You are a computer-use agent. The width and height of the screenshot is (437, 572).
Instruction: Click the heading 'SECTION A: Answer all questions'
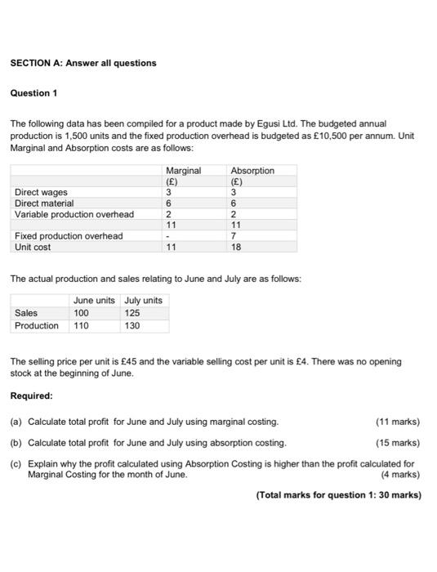[x=82, y=63]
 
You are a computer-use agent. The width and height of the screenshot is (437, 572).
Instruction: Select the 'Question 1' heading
[x=34, y=93]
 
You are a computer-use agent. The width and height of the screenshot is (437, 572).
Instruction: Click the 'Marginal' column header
[x=183, y=171]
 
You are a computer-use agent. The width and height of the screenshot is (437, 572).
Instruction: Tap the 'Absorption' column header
[x=252, y=171]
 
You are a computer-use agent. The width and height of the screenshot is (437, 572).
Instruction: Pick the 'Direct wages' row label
[x=41, y=193]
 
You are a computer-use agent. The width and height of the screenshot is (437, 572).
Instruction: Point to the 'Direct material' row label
[x=44, y=203]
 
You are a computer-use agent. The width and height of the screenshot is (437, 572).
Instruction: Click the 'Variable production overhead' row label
[x=74, y=214]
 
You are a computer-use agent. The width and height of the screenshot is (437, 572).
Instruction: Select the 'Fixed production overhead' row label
[x=69, y=236]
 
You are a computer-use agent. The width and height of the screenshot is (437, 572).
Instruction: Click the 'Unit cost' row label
[x=33, y=247]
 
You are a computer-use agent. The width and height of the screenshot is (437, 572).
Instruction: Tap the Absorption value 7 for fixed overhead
[x=234, y=236]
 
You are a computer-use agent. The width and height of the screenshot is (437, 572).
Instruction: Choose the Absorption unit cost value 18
[x=237, y=247]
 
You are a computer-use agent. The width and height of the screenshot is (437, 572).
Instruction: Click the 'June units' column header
[x=94, y=301]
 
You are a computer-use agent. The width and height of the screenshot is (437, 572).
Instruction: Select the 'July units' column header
[x=144, y=301]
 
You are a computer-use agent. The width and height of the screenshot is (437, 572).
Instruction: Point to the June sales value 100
[x=81, y=313]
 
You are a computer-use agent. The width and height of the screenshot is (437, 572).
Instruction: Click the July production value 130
[x=132, y=325]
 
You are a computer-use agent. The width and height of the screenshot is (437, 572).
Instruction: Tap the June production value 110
[x=81, y=325]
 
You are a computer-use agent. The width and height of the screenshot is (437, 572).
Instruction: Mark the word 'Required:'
[x=31, y=395]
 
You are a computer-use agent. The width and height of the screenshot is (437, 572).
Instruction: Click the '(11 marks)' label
[x=397, y=422]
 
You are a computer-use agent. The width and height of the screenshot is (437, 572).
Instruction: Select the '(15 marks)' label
[x=397, y=442]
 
